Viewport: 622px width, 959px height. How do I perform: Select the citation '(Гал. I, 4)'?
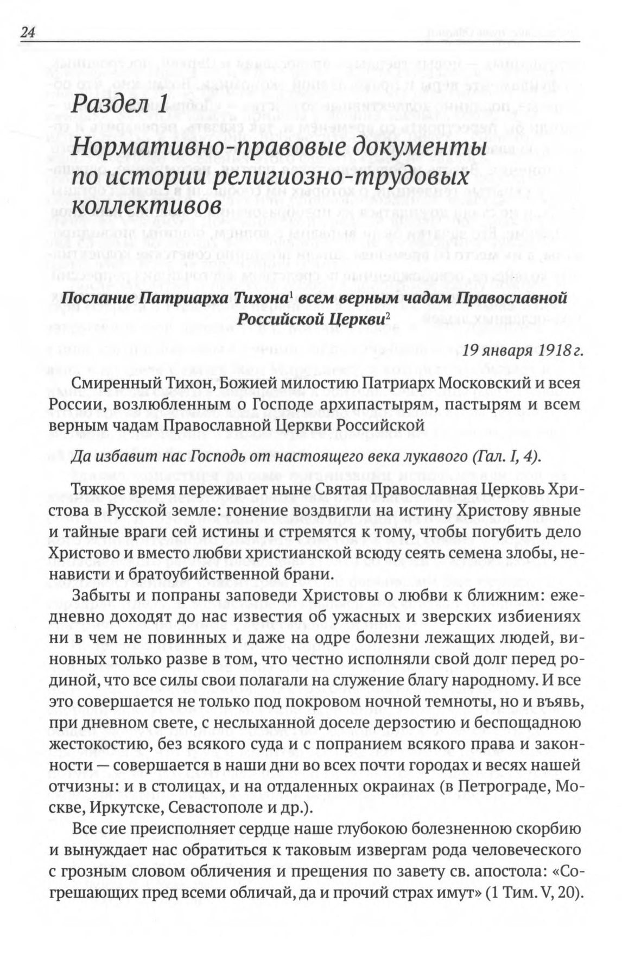[506, 455]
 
